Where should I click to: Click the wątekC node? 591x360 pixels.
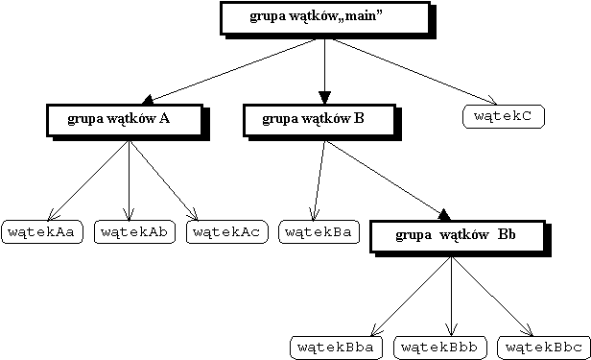point(504,117)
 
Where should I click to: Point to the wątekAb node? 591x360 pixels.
point(135,231)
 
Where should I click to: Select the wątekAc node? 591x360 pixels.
point(226,231)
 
